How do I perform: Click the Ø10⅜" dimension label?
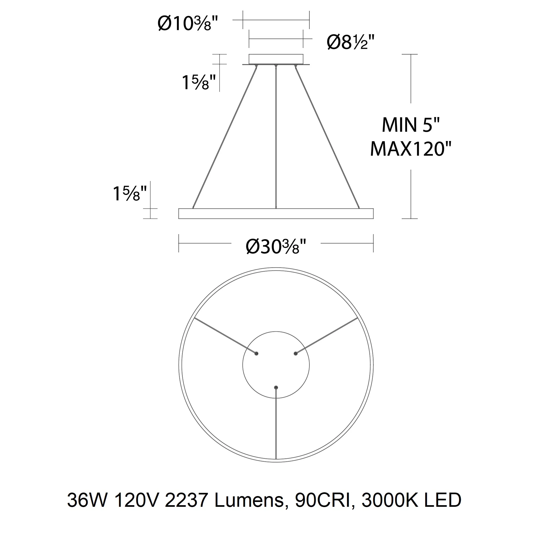(x=188, y=23)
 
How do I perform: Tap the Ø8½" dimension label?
(x=351, y=42)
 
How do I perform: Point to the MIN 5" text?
(x=411, y=125)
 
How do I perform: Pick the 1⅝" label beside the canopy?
(x=199, y=82)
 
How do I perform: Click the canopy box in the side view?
(x=276, y=59)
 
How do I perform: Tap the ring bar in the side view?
(x=276, y=214)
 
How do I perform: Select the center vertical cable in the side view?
(x=276, y=137)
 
